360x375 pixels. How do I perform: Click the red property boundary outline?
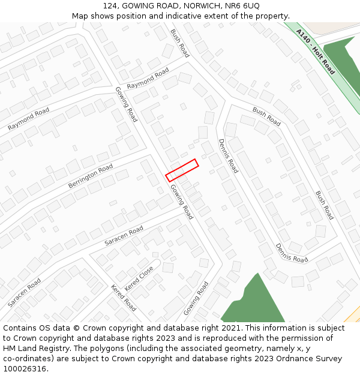coord(182,170)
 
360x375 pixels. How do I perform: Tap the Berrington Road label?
coord(90,176)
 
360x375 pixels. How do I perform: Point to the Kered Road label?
coord(123,298)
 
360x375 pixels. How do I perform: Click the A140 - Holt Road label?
coord(315,56)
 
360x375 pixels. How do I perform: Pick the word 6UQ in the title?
coord(253,5)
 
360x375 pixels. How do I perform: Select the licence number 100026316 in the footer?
coord(23,369)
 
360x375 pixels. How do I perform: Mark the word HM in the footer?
coord(10,349)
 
